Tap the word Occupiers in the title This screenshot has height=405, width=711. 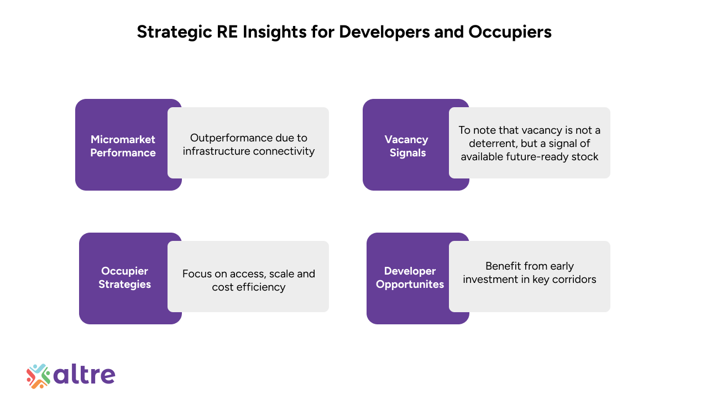click(510, 33)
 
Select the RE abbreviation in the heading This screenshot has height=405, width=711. click(227, 31)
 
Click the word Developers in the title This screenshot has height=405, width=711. click(384, 33)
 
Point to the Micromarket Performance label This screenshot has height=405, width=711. click(123, 146)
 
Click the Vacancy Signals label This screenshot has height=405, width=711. click(406, 146)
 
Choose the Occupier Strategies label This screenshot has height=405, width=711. click(124, 277)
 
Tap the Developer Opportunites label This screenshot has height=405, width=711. click(410, 277)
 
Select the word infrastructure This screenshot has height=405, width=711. click(216, 151)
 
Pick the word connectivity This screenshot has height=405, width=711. click(284, 151)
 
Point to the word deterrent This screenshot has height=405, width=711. click(493, 144)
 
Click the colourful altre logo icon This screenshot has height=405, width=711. click(38, 376)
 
